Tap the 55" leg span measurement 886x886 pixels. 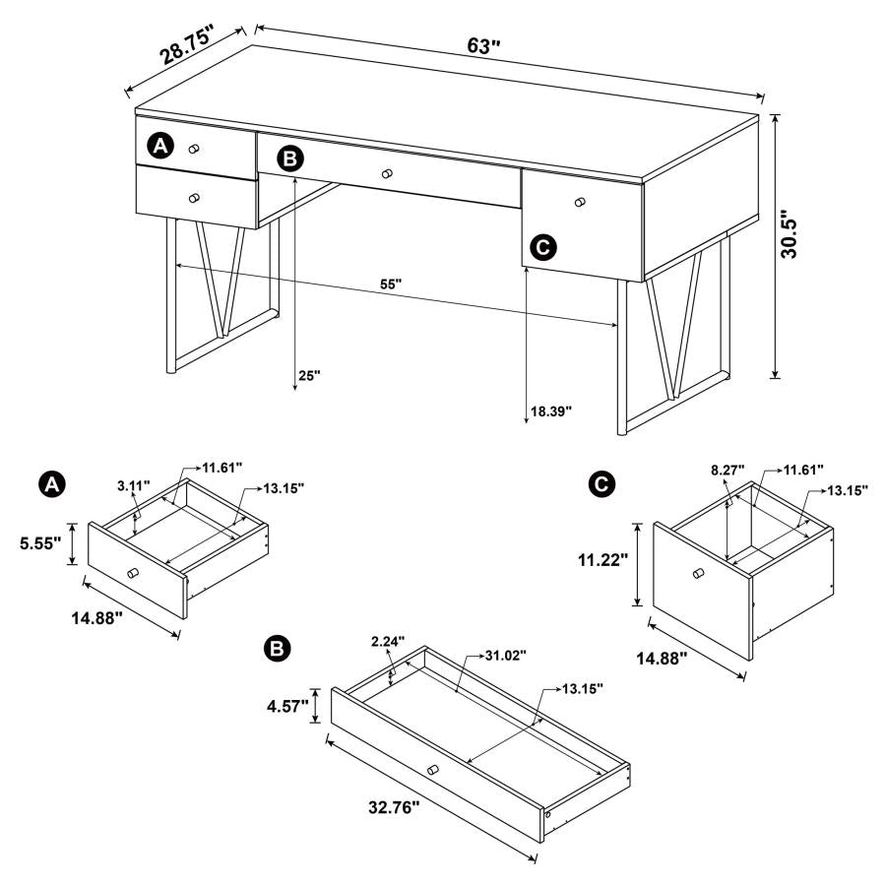click(x=392, y=285)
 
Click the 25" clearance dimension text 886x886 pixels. click(x=309, y=376)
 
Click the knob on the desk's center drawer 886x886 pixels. click(x=387, y=173)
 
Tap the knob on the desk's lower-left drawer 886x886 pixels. click(x=194, y=198)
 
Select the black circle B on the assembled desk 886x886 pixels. click(x=289, y=158)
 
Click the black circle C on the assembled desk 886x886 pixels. click(x=541, y=248)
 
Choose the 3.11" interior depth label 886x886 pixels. click(x=133, y=485)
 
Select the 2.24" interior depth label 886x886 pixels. click(x=387, y=641)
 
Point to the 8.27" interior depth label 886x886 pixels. click(x=728, y=471)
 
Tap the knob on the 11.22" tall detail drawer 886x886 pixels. click(x=698, y=573)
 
